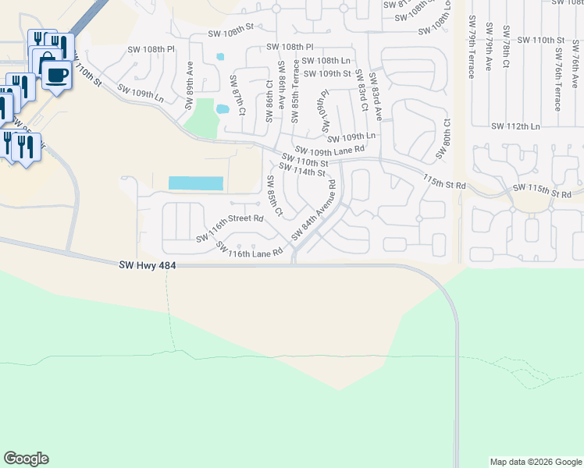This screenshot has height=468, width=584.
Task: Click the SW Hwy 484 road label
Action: click(x=148, y=266)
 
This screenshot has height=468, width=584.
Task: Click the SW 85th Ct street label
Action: click(x=273, y=197)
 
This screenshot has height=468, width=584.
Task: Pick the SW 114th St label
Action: click(x=301, y=172)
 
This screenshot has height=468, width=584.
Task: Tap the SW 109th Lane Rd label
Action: click(x=329, y=149)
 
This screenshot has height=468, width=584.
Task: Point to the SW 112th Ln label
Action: click(x=516, y=126)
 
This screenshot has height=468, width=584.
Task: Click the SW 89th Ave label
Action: click(x=189, y=80)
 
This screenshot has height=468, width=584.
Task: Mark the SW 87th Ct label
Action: click(x=237, y=95)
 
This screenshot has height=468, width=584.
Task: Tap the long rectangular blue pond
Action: click(x=195, y=183)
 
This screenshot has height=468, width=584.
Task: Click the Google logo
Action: click(x=26, y=459)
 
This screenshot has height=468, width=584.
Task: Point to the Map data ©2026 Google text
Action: click(x=536, y=462)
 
